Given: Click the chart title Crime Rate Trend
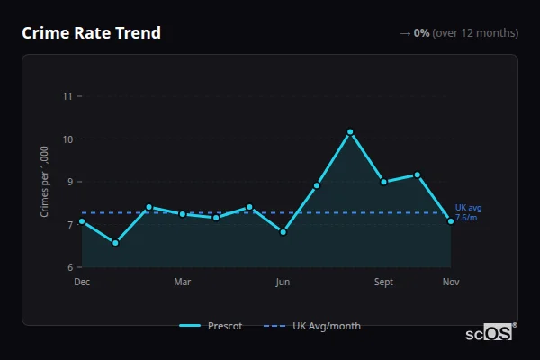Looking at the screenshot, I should (91, 33).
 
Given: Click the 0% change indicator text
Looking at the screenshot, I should (421, 33).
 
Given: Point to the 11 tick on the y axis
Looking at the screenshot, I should (67, 96).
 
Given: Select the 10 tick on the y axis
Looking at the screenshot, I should (67, 139).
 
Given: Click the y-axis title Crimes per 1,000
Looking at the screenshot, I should (45, 182).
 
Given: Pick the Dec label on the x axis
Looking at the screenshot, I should (82, 283).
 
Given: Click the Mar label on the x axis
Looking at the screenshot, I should (183, 283).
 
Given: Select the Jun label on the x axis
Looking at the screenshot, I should (283, 283).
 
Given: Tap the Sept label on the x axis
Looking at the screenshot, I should (383, 283).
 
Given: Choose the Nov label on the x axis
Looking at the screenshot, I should (451, 283).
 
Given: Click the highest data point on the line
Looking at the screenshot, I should (350, 132).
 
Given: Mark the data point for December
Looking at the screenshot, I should (82, 221).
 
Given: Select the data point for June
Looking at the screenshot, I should (283, 232).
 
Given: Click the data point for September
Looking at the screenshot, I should (383, 182).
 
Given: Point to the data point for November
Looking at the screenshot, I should (451, 221).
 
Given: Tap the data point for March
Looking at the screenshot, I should (183, 214).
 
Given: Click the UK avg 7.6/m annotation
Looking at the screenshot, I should (468, 212).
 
